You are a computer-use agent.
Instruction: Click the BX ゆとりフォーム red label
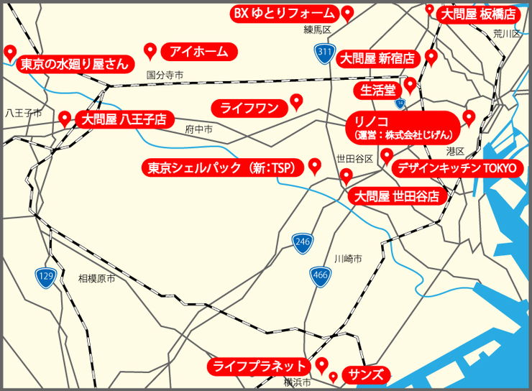283,13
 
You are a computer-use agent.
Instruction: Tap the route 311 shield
324,52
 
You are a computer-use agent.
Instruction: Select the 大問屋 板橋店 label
478,14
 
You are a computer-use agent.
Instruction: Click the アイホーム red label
199,51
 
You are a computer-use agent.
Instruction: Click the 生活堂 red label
377,89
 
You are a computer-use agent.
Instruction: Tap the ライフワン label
248,108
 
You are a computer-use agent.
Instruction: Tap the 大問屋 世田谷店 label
398,195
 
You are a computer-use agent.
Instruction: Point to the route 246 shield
302,243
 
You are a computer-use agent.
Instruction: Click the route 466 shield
321,275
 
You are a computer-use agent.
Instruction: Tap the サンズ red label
366,374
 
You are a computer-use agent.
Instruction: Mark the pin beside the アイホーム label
151,50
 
